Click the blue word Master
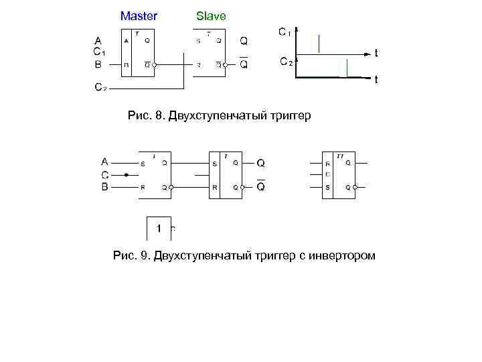(x=139, y=15)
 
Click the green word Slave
(x=211, y=15)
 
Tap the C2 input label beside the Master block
(x=100, y=87)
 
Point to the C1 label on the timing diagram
(x=285, y=32)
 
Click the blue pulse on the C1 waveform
(x=319, y=44)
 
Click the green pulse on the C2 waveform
(x=346, y=68)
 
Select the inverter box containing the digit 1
(x=159, y=229)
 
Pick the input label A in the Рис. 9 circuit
(x=104, y=162)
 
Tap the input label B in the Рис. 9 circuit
(x=104, y=187)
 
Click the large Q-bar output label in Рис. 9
(x=261, y=186)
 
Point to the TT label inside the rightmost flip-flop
(x=340, y=156)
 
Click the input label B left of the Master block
(x=98, y=64)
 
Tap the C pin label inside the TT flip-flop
(x=327, y=175)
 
